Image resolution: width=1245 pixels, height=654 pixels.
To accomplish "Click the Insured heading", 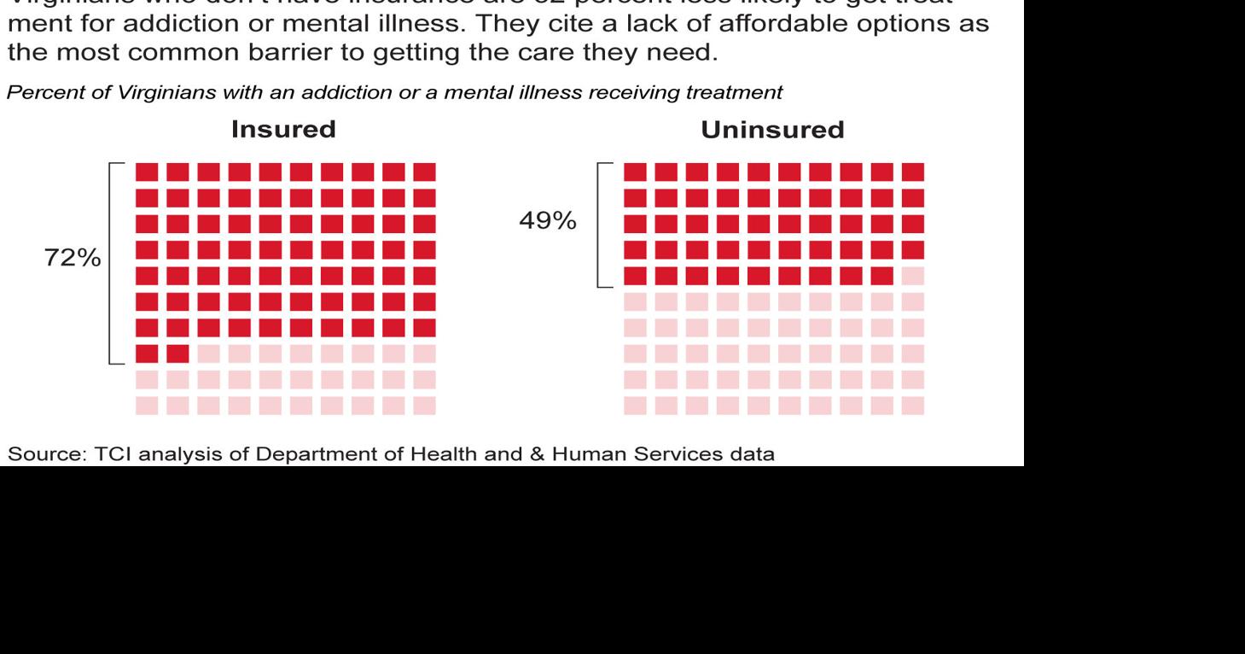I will [284, 130].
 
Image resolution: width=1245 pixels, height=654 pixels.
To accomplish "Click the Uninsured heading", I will [772, 130].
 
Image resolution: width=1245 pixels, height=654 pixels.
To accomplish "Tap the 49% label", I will [548, 220].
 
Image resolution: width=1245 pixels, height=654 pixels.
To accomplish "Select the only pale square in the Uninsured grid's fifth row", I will [912, 277].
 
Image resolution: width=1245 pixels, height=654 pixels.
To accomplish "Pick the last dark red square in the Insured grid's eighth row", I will [178, 353].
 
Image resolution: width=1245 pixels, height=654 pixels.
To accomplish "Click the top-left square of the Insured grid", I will [147, 172].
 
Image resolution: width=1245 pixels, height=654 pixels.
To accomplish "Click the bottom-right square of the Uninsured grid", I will [912, 405].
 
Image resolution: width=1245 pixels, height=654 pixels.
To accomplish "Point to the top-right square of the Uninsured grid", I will [912, 172].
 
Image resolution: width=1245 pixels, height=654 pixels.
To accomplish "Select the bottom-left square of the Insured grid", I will [147, 405].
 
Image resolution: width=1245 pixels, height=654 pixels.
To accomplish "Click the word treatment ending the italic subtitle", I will [746, 94].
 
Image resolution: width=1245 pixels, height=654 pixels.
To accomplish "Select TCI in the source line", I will [111, 455].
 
